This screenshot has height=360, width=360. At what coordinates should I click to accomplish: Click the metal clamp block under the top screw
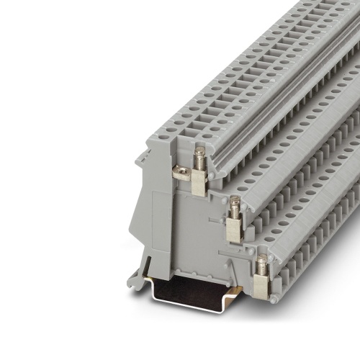(199, 182)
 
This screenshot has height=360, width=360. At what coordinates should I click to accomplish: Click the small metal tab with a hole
(182, 171)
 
